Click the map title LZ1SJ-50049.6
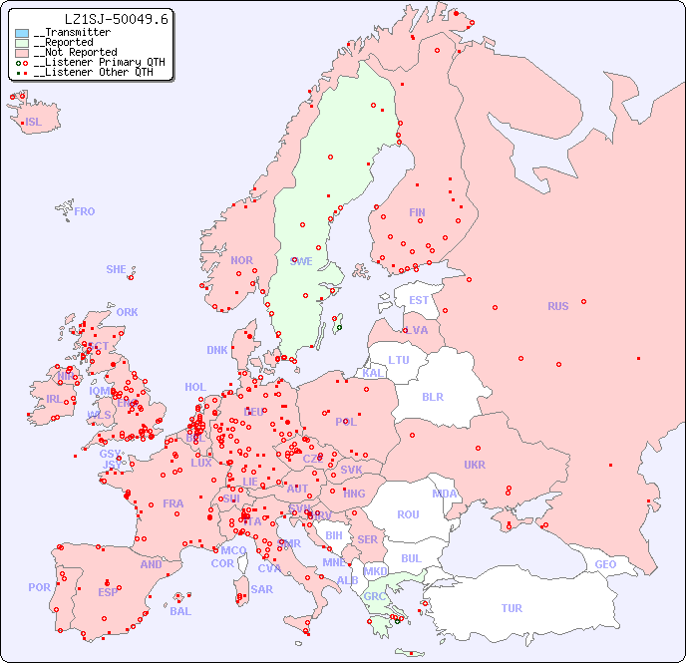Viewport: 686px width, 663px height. pyautogui.click(x=117, y=19)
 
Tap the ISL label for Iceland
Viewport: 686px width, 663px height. pyautogui.click(x=34, y=123)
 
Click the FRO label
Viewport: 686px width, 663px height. pyautogui.click(x=85, y=211)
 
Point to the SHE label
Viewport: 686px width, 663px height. pyautogui.click(x=117, y=269)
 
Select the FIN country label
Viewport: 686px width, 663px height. pyautogui.click(x=417, y=212)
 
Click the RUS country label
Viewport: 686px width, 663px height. pyautogui.click(x=557, y=306)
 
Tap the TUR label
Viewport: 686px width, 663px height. pyautogui.click(x=512, y=608)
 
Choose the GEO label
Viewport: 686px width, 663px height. pyautogui.click(x=605, y=564)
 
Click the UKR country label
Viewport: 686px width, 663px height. pyautogui.click(x=475, y=465)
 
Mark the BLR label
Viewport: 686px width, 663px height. pyautogui.click(x=433, y=396)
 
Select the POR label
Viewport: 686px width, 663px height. pyautogui.click(x=39, y=587)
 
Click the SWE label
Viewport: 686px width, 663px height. pyautogui.click(x=301, y=261)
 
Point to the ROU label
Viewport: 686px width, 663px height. pyautogui.click(x=408, y=514)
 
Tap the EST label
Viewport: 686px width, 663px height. pyautogui.click(x=419, y=300)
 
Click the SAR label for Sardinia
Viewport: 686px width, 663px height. pyautogui.click(x=261, y=589)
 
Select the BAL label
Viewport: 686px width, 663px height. pyautogui.click(x=180, y=611)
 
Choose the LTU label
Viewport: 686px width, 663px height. pyautogui.click(x=399, y=360)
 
